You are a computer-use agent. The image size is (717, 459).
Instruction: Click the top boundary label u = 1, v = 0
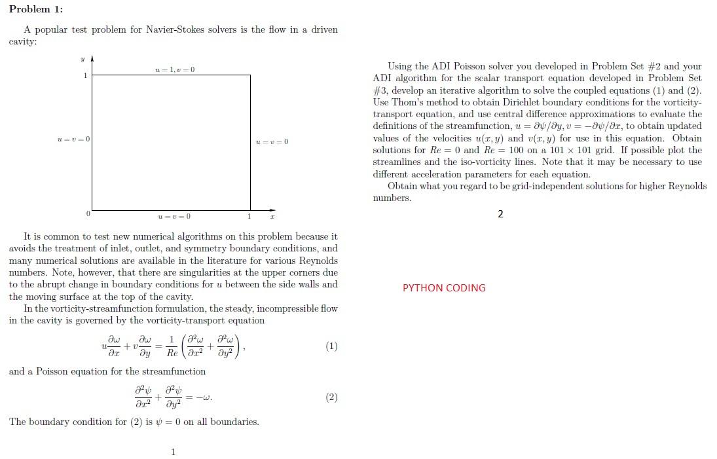(175, 69)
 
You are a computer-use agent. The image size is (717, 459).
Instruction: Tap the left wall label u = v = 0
(73, 139)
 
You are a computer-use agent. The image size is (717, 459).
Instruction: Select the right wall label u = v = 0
(271, 142)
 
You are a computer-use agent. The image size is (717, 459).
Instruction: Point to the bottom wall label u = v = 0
(175, 217)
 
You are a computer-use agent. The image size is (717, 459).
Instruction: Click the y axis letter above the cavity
(83, 59)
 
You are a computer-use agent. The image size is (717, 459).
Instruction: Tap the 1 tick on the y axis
(84, 75)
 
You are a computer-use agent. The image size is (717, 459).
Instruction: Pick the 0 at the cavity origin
(86, 215)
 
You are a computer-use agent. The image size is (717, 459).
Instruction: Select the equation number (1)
(331, 346)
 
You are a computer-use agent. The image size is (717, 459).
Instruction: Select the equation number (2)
(331, 397)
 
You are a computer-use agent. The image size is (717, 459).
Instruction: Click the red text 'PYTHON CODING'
(444, 288)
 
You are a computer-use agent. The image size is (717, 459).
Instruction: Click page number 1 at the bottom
(173, 451)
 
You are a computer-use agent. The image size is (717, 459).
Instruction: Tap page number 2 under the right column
(501, 214)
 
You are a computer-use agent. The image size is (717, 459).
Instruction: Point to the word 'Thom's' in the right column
(407, 102)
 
